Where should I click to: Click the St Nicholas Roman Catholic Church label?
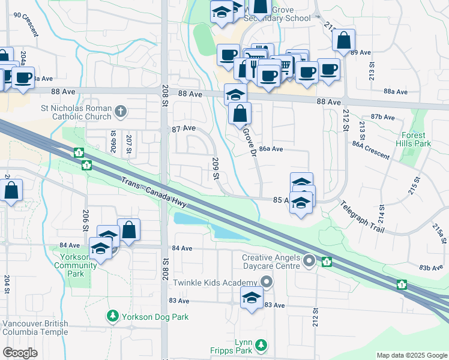[76, 112]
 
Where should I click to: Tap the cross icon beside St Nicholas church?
[121, 110]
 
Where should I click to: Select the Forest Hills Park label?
[414, 140]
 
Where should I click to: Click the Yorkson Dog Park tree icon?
[112, 316]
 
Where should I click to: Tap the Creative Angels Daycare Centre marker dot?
[309, 260]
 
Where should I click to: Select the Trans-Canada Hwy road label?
[152, 193]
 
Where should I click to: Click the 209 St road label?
[215, 169]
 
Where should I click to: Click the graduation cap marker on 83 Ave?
[252, 298]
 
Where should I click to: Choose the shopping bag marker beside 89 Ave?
[343, 40]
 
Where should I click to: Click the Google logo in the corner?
[20, 353]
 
